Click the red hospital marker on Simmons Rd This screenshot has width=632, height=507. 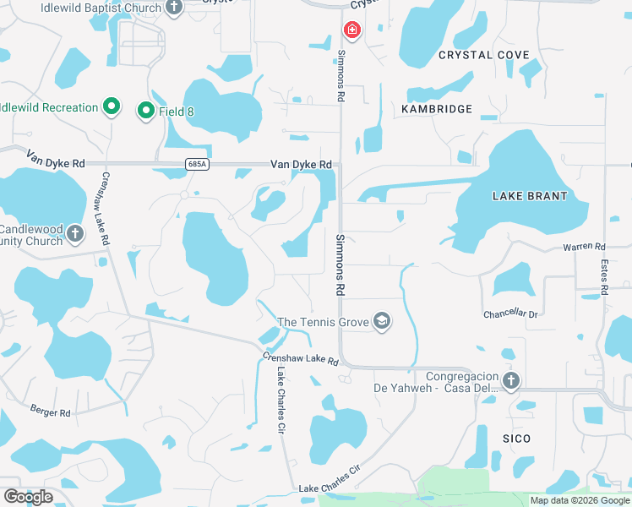coord(351,31)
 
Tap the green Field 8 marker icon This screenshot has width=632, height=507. coord(145,110)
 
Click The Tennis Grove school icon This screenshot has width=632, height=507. coord(382,321)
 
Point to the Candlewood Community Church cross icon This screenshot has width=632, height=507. coord(74,233)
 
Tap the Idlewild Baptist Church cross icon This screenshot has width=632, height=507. coord(174,8)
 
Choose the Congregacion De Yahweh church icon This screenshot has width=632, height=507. coord(509,380)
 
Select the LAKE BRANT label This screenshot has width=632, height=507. coord(529,196)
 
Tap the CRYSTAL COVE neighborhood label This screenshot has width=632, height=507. coord(483,55)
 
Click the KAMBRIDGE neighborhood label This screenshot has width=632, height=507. coord(436,109)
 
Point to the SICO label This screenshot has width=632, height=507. coord(516,439)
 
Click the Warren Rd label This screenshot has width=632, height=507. coord(585,247)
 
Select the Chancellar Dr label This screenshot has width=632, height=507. coord(510,313)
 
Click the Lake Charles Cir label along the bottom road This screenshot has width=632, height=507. coord(330,478)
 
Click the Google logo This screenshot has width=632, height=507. coord(28,497)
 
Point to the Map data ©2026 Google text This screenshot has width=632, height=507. coord(579,500)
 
